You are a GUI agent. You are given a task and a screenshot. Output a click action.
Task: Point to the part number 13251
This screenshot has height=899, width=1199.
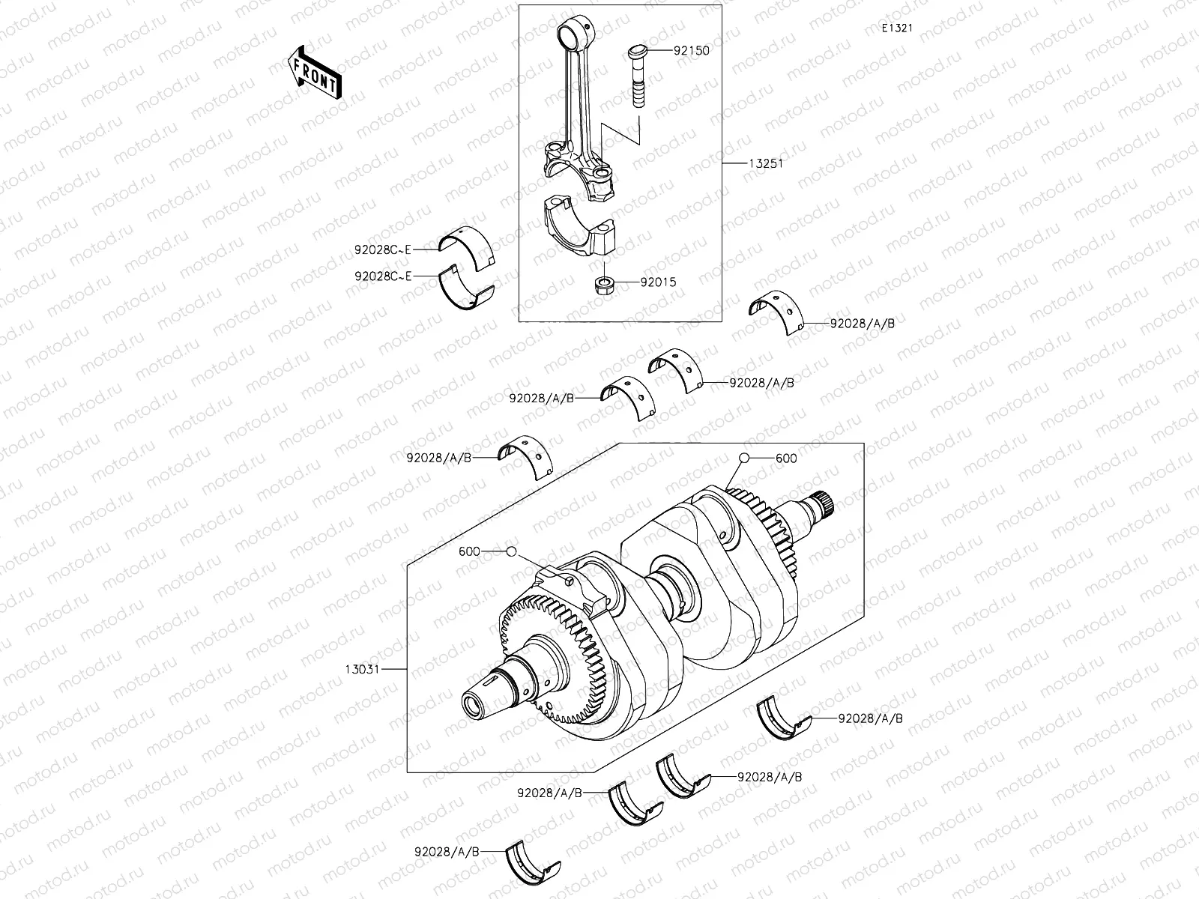point(764,163)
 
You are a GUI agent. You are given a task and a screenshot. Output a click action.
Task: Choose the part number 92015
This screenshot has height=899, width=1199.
point(657,282)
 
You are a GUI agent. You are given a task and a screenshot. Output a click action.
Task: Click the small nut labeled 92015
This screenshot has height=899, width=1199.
point(604,285)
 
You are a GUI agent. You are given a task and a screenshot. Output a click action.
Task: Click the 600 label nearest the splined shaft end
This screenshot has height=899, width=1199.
point(786,458)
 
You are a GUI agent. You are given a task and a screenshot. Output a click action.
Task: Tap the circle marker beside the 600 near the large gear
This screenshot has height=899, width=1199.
point(511,551)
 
